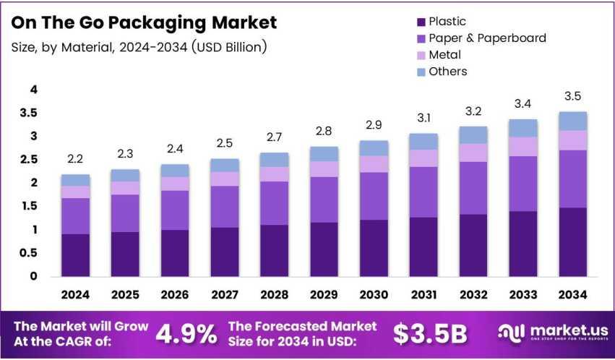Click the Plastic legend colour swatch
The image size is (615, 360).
pos(420,22)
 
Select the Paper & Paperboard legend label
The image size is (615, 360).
pos(487,38)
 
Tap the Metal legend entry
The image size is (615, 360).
pos(444,54)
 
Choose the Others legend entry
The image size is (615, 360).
pos(448,71)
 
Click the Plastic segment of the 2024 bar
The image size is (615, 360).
pos(75,254)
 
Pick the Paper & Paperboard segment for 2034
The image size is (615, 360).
pos(573,179)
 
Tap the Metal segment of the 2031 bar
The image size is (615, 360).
pos(423,158)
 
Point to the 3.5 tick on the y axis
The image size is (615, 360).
pos(28,113)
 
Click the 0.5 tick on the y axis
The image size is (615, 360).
pos(28,253)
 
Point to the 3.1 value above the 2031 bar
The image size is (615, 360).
pos(423,117)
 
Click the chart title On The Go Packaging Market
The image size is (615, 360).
pos(145,22)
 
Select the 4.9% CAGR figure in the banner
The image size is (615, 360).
pos(186,334)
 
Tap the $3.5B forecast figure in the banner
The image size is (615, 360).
pos(430,334)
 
